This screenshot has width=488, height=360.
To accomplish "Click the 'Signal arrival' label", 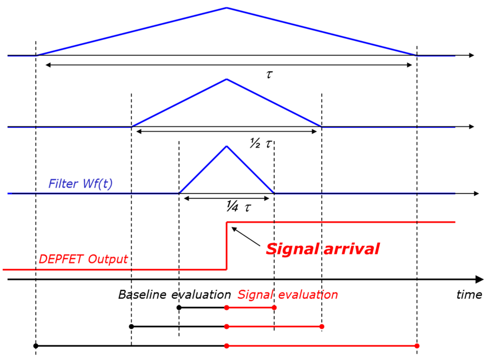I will (323, 249).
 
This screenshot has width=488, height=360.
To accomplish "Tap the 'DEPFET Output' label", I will (83, 259).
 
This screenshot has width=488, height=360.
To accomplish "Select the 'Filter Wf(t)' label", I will (81, 183).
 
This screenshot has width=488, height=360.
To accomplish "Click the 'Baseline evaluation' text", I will (174, 295).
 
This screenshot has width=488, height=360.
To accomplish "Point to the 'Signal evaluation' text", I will (287, 295).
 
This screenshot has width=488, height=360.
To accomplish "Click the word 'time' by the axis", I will (469, 295).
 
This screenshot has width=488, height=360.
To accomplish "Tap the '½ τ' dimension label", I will (262, 143).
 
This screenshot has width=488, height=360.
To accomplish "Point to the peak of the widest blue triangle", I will (226, 8).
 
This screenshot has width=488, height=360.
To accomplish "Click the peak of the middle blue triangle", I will (226, 79).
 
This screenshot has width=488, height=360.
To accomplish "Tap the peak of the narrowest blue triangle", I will (226, 146).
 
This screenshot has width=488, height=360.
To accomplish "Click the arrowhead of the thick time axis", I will (478, 279).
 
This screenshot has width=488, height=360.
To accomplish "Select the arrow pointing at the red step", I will (245, 236).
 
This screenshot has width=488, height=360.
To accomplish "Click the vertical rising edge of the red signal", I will (226, 246).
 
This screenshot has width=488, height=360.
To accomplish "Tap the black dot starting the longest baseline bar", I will (36, 346).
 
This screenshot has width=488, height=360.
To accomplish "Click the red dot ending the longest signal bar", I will (417, 346).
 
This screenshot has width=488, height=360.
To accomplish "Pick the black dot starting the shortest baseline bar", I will (179, 308).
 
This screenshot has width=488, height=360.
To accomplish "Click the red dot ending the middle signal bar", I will (322, 327).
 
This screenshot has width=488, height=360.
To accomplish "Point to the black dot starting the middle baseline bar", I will (131, 327).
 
